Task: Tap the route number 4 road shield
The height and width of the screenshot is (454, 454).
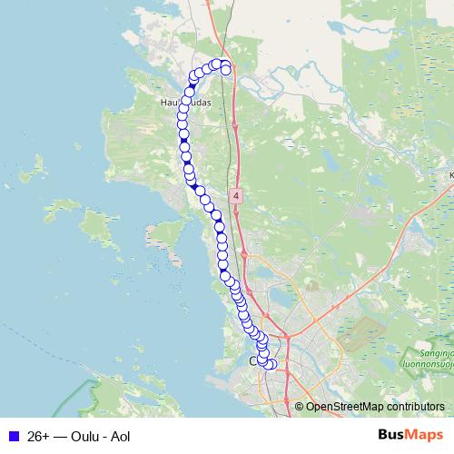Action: click(x=236, y=195)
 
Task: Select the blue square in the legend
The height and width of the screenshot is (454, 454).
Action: click(x=13, y=437)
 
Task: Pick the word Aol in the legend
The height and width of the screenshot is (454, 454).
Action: click(x=121, y=437)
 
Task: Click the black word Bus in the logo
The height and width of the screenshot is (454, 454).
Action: click(x=392, y=436)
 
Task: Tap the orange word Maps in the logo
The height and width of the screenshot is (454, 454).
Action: click(x=425, y=436)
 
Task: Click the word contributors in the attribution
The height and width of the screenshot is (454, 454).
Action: click(x=415, y=407)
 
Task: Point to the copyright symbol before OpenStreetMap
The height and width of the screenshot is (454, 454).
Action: click(x=300, y=407)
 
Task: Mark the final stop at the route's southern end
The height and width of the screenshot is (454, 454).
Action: click(x=272, y=365)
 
